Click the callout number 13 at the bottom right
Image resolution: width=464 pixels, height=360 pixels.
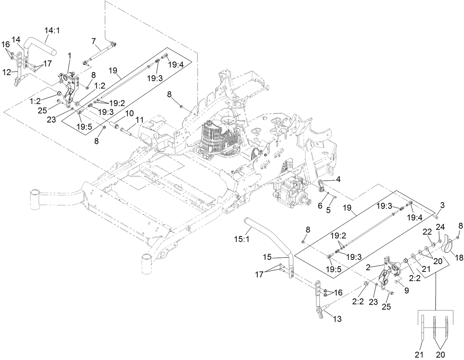click(x=337, y=318)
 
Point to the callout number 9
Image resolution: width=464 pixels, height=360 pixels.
click(x=406, y=291)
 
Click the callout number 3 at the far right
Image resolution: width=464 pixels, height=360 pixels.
click(x=443, y=205)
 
